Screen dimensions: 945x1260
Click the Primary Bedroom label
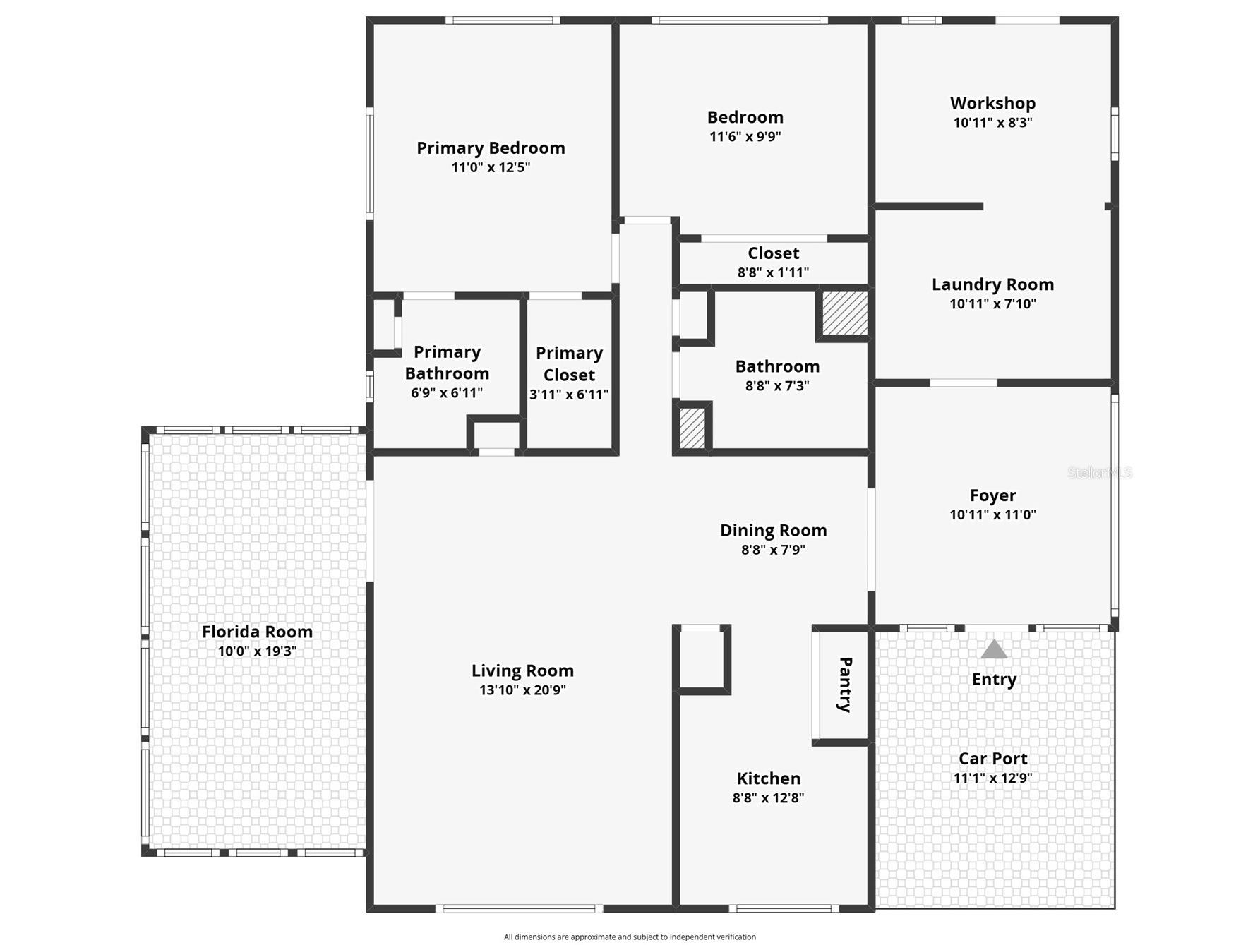491,148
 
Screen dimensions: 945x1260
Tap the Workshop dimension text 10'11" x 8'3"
992,123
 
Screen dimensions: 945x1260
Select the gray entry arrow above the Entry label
994,649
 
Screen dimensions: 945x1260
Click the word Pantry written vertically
845,685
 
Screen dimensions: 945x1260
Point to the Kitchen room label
769,778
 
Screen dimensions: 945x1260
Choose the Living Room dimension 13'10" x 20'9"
522,690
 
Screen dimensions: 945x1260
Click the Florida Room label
257,632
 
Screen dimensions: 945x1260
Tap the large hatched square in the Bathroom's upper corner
844,313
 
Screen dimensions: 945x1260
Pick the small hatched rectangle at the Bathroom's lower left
692,427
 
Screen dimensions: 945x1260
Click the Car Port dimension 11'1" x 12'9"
992,778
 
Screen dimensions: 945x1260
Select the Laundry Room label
992,284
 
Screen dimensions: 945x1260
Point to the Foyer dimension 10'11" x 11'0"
992,515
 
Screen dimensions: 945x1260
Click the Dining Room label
773,531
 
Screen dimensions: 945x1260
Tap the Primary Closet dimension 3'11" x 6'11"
569,395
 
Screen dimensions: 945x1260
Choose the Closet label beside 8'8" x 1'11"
773,253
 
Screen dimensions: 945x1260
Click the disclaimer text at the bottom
630,937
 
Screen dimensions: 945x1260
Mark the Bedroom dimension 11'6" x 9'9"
745,137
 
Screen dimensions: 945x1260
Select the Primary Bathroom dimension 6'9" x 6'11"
447,393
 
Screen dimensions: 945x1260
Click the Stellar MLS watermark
1099,473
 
